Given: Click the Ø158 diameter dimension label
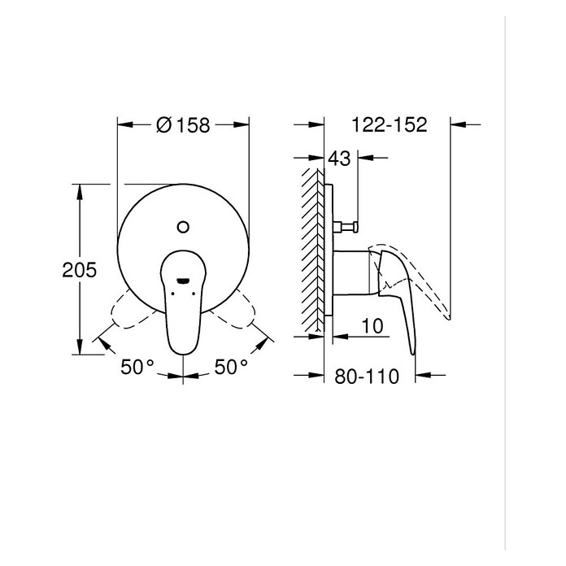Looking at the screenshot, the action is (183, 125).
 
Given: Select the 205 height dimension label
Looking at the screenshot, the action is (80, 270).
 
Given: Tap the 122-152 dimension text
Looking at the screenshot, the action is (389, 124).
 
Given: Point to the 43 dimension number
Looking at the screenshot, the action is (339, 158).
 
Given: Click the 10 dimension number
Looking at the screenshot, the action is (372, 326).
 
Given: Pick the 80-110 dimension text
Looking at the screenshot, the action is (367, 377).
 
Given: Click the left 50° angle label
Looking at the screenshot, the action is (137, 367).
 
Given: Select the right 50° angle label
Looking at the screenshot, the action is (231, 367).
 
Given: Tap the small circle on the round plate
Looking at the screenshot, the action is (183, 227).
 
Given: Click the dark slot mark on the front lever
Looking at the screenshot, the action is (183, 280).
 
